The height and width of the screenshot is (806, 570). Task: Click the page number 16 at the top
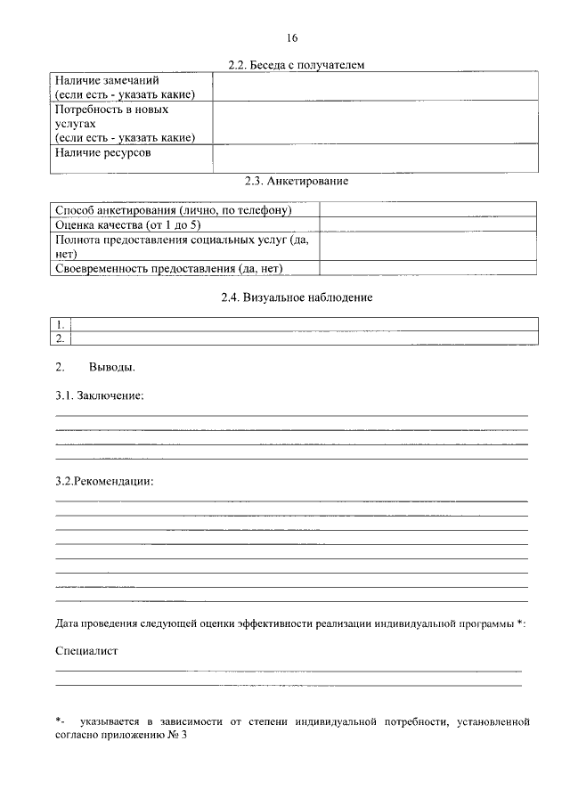tap(293, 37)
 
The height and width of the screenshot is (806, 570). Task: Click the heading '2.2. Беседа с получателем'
tap(297, 65)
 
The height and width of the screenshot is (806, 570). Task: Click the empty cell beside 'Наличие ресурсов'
tap(374, 158)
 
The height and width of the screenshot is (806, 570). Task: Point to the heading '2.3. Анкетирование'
tap(297, 181)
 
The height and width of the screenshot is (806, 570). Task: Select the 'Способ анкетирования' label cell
tap(175, 210)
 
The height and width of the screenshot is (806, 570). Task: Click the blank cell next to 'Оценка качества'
tap(427, 225)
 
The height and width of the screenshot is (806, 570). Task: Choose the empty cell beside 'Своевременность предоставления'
tap(427, 268)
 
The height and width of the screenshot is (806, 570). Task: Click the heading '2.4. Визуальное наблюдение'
tap(297, 297)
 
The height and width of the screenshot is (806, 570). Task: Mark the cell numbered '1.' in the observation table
tap(61, 324)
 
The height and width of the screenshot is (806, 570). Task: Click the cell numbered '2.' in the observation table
tap(61, 338)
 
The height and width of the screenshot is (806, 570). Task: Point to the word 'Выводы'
tap(112, 367)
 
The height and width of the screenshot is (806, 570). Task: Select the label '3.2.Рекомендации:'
tap(104, 482)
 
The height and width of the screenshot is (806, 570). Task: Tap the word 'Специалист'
tap(86, 651)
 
